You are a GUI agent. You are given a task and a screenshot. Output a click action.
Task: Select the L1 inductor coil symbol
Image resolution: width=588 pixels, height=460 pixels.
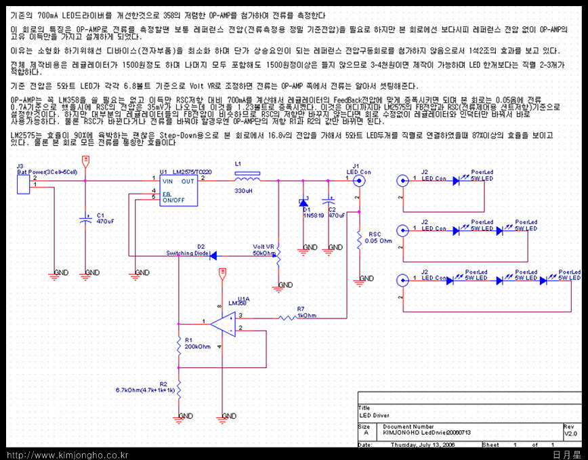tap(247, 177)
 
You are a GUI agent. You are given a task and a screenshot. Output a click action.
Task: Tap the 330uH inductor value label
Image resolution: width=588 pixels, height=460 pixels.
tap(244, 191)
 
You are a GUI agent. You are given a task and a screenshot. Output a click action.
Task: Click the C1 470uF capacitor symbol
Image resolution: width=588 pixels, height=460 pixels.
tap(85, 219)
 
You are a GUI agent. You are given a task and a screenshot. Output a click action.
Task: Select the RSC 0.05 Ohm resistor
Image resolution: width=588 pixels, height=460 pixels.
tap(359, 238)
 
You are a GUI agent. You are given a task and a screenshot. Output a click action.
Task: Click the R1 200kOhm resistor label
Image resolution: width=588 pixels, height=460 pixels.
tap(198, 343)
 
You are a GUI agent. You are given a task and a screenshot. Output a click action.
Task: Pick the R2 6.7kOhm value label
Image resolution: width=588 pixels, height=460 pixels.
tap(146, 390)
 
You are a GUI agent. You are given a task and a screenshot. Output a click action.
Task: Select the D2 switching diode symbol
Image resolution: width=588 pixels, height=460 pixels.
tap(211, 255)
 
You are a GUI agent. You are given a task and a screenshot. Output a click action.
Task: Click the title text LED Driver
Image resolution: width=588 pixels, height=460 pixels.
tap(375, 415)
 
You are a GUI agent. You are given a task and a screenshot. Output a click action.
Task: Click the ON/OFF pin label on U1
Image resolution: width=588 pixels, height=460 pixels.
tap(173, 201)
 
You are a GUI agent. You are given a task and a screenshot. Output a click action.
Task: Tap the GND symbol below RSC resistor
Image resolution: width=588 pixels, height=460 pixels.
tap(366, 278)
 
